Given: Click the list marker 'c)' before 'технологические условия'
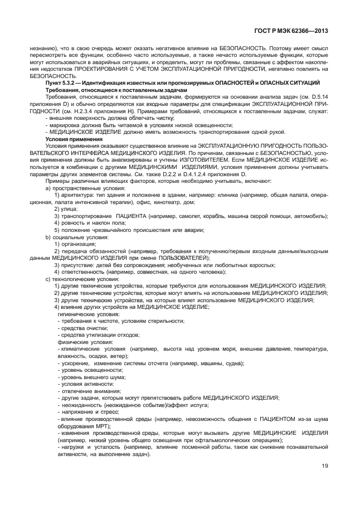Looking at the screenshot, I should (x=48, y=278).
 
